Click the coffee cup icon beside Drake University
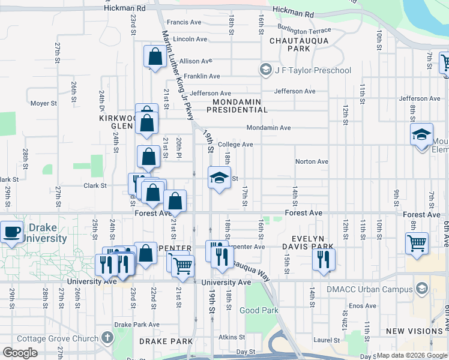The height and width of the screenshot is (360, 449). tap(12, 232)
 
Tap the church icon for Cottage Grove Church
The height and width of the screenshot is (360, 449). tap(107, 338)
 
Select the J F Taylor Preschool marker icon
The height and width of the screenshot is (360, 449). tap(265, 70)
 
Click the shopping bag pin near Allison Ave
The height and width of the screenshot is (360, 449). tap(155, 57)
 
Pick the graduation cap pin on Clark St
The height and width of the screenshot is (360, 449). tap(219, 178)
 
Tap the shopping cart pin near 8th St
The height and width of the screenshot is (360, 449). tap(417, 244)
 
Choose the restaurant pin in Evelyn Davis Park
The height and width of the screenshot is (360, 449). tap(324, 259)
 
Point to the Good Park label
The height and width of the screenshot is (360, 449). tap(259, 310)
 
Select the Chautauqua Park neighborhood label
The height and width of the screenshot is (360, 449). tap(289, 44)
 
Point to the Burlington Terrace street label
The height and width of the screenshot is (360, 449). tap(304, 30)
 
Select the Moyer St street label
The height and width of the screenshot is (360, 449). tap(43, 103)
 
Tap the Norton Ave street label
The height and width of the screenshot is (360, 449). tap(312, 161)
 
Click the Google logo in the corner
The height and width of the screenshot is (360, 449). tap(20, 353)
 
